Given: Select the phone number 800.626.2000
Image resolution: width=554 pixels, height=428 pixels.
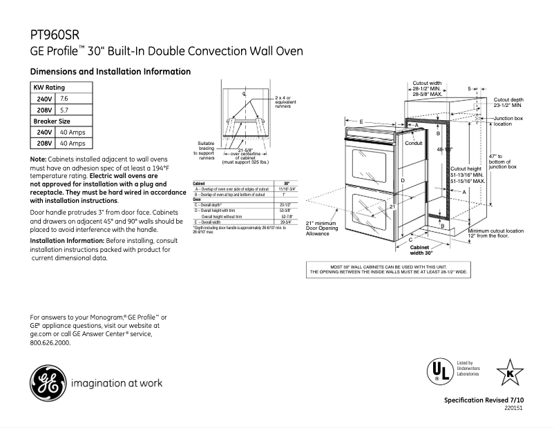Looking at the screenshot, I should coord(50,342).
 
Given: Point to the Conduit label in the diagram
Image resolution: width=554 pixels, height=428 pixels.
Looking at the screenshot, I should coord(413,143).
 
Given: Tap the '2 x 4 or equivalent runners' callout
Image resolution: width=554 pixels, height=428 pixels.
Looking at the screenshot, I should coord(283,102).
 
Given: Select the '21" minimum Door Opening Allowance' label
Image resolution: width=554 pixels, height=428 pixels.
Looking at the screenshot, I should coord(321,228).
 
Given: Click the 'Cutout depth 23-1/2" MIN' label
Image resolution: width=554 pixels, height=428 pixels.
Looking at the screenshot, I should coord(508,103).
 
